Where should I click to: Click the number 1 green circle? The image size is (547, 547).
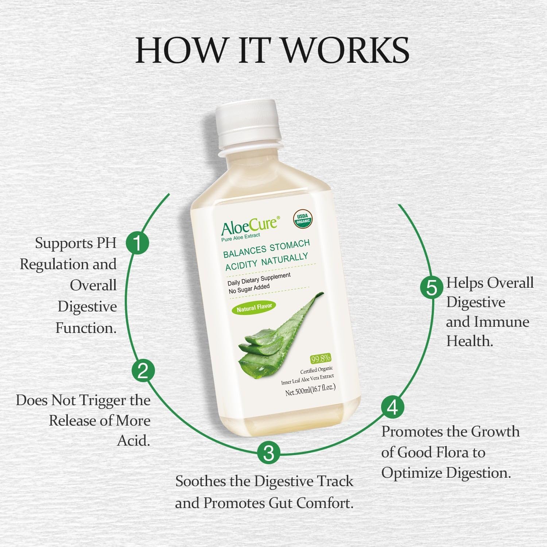click(137, 243)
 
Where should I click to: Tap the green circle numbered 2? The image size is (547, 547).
click(143, 371)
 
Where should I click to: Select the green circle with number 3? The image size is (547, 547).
click(268, 453)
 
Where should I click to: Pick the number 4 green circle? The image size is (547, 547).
click(392, 407)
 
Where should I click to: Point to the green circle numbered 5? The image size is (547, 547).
click(432, 287)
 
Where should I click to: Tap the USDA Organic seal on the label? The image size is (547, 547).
click(302, 219)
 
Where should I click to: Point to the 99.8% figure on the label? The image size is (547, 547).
click(321, 358)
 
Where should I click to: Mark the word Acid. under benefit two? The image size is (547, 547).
click(133, 441)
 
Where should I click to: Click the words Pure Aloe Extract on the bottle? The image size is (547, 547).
click(241, 237)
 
